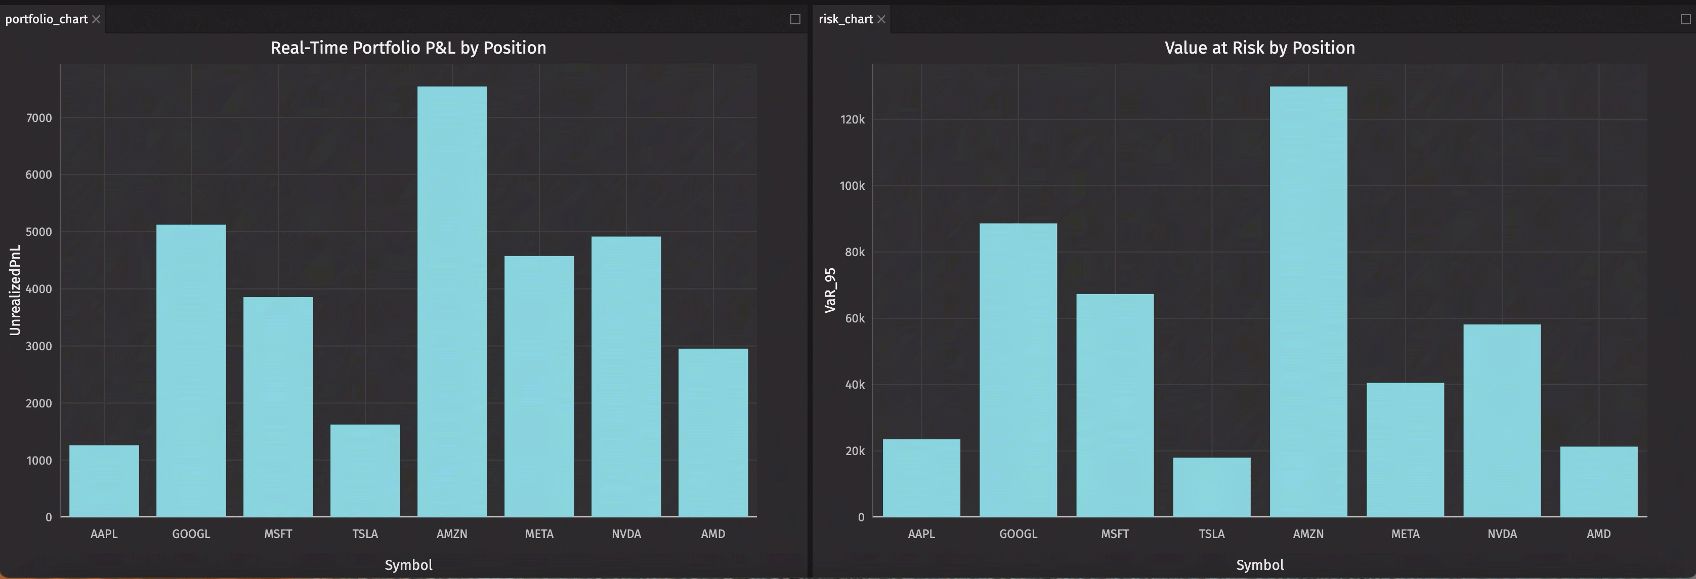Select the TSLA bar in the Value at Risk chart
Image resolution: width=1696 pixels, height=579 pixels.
1211,487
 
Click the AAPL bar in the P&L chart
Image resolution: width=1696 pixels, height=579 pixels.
104,481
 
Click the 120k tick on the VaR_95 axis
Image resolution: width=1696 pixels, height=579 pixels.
852,119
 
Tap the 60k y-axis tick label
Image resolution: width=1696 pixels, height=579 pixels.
854,318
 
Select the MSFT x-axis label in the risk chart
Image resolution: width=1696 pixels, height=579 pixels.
1115,533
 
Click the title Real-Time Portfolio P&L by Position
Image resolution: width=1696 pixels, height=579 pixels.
408,48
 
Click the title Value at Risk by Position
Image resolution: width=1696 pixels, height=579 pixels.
1259,48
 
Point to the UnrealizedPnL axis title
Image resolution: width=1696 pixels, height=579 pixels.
15,290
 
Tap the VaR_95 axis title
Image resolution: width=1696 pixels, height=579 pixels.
830,290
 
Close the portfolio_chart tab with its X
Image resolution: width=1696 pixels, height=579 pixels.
96,19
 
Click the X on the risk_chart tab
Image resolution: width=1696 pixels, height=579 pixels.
881,19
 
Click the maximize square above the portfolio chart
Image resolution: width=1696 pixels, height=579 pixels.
795,19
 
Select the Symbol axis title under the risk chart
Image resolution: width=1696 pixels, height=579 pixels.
1259,564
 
